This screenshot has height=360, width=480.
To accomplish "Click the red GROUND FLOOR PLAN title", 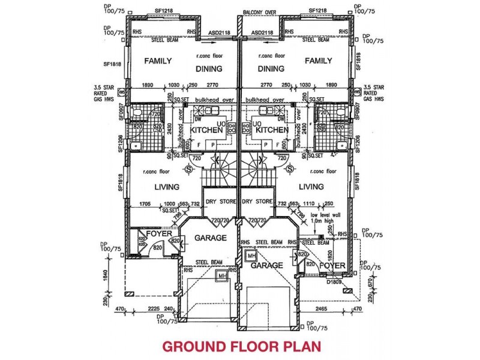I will coord(241,347).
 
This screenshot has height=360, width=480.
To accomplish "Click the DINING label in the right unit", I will coord(271,68).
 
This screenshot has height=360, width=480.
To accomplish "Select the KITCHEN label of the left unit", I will coord(206,130).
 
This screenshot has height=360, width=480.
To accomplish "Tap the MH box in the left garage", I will coord(221,275).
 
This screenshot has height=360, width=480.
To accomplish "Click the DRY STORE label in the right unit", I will coord(258,201).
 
